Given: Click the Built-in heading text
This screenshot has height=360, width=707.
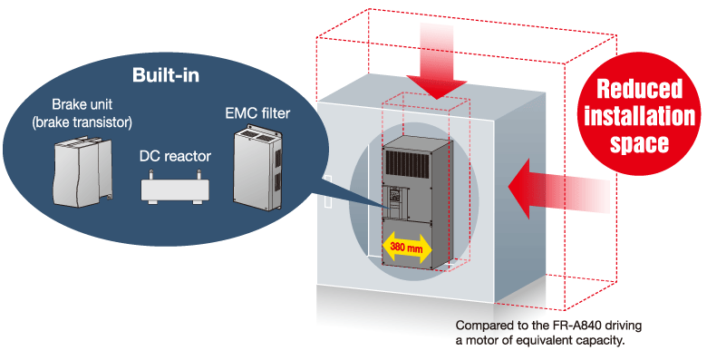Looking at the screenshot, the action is (x=166, y=75).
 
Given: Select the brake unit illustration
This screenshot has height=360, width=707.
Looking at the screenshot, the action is (x=83, y=172).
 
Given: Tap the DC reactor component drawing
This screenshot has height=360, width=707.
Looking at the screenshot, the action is (x=176, y=186).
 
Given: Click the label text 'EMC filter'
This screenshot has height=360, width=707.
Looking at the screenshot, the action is (x=257, y=113).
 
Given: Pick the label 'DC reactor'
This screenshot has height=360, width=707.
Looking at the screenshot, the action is (x=175, y=157).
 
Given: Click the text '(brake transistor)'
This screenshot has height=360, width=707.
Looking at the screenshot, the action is (x=82, y=122).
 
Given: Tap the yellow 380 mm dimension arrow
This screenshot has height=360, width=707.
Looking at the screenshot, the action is (x=407, y=248).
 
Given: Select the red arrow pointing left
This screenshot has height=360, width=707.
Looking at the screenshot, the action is (x=559, y=190).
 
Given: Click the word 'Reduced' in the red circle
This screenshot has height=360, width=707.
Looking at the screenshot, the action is (x=639, y=89).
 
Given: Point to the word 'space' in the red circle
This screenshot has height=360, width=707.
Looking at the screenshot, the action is (x=639, y=143).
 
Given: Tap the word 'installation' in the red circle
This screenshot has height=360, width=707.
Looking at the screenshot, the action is (x=639, y=116).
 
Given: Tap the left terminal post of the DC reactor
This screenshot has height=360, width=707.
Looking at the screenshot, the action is (x=151, y=174).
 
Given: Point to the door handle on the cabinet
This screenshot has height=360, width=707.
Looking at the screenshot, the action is (x=328, y=191).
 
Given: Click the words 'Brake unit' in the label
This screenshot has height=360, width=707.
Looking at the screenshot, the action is (x=82, y=104).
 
